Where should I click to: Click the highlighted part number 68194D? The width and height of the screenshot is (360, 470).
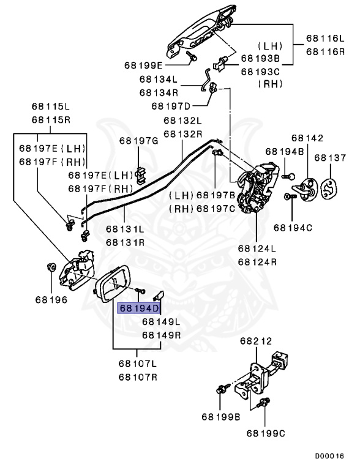(x=139, y=308)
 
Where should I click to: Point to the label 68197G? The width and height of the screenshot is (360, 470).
(x=138, y=141)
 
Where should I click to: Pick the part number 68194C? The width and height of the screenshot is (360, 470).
(x=293, y=228)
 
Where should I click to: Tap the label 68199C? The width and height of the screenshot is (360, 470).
(x=266, y=433)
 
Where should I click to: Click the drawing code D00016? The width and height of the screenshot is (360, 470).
(x=330, y=456)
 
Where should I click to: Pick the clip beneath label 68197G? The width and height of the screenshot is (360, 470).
(x=140, y=174)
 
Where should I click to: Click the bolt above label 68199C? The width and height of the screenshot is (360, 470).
(x=265, y=403)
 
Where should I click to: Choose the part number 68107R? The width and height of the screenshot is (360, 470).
(x=138, y=376)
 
